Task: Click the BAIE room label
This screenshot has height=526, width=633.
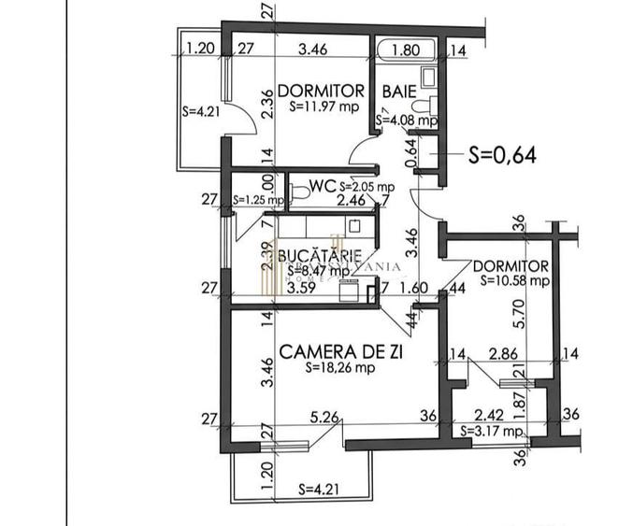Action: (400, 91)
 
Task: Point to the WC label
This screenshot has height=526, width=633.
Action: (323, 186)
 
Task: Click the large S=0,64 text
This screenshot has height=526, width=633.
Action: (502, 155)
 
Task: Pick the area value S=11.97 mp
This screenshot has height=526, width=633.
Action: (322, 107)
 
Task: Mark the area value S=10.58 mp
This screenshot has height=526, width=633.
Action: (513, 279)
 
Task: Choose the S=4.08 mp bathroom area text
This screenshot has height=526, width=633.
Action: (407, 121)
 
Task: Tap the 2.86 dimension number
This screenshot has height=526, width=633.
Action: (505, 355)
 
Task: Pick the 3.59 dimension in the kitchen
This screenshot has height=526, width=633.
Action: (299, 289)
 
